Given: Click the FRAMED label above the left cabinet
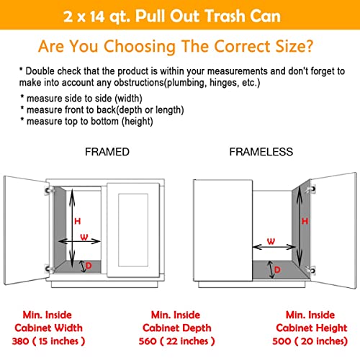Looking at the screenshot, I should tap(107, 153).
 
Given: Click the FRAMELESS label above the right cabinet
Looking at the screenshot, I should tap(261, 153).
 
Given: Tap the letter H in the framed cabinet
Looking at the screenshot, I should tap(77, 220).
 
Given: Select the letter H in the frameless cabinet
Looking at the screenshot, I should tap(304, 222).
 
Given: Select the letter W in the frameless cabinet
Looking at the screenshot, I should tap(271, 241).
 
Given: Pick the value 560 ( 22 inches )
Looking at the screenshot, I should tap(180, 341).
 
